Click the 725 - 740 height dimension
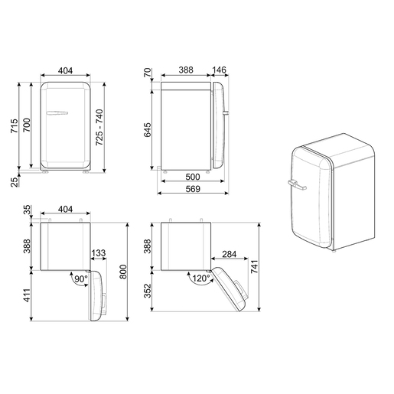[x=99, y=127]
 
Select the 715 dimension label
[x=15, y=125]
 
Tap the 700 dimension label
[x=27, y=125]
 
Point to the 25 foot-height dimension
[x=15, y=182]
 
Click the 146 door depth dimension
[x=219, y=70]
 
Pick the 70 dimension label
[x=148, y=73]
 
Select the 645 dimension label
[x=147, y=130]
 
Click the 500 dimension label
[x=193, y=177]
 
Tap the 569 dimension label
[x=193, y=189]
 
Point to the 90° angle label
[x=81, y=279]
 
